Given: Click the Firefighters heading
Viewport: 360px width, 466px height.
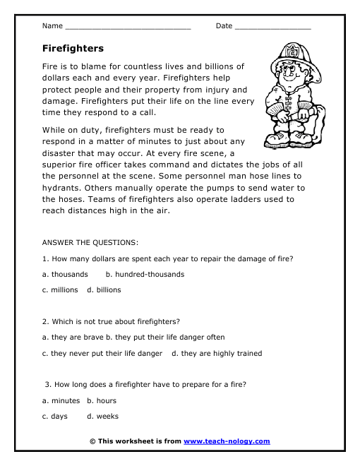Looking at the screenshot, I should pos(73,49).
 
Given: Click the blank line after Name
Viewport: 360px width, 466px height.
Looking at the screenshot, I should pos(127,28).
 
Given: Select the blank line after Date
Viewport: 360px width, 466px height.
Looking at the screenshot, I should pos(272,28).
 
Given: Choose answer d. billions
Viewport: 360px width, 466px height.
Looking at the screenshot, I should pos(104,289).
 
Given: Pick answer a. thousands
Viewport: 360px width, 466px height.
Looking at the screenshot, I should pos(65,274).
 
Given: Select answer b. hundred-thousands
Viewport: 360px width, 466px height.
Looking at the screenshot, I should pos(145,274).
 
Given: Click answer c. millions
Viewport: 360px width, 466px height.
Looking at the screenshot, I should pos(60,289).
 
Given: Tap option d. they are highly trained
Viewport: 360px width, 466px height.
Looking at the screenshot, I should pos(217,353).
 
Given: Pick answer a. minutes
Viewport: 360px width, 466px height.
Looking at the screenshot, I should pos(61,401).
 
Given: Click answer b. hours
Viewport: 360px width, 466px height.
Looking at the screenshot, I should pos(102,401).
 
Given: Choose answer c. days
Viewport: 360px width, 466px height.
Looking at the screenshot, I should pos(55,417).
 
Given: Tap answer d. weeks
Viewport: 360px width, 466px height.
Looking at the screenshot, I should pos(103,417).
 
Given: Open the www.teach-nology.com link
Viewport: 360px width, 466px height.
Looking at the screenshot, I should pos(227,441).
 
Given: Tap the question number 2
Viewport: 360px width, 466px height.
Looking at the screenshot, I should pos(44,322).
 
